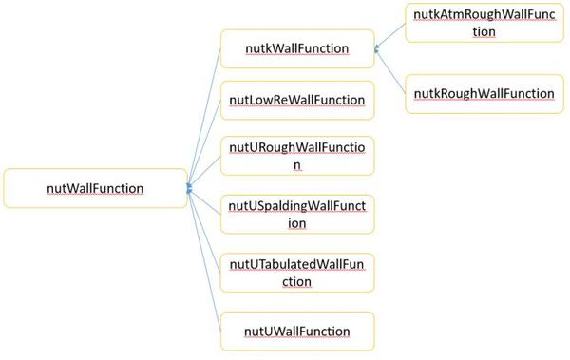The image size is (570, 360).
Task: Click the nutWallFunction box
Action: point(95,188)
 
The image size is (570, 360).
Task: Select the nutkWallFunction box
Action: point(296,48)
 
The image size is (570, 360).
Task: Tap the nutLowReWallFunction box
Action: point(296,101)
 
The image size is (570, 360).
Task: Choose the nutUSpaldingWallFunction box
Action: point(296,215)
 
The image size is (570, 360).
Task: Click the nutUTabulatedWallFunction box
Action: point(296,273)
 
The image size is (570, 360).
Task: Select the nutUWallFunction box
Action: point(296,331)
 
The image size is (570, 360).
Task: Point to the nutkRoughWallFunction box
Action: point(484,93)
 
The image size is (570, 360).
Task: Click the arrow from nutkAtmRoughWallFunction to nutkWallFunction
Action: point(391,35)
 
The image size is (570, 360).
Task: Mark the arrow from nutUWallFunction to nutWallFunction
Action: point(205,261)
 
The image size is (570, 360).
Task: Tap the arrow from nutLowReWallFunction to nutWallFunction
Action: point(205,142)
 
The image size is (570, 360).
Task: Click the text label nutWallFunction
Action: point(95,188)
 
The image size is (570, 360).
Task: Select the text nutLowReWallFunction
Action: point(296,101)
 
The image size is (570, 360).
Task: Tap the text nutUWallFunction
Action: point(296,332)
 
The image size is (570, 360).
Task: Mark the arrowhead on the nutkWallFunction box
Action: point(377,47)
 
